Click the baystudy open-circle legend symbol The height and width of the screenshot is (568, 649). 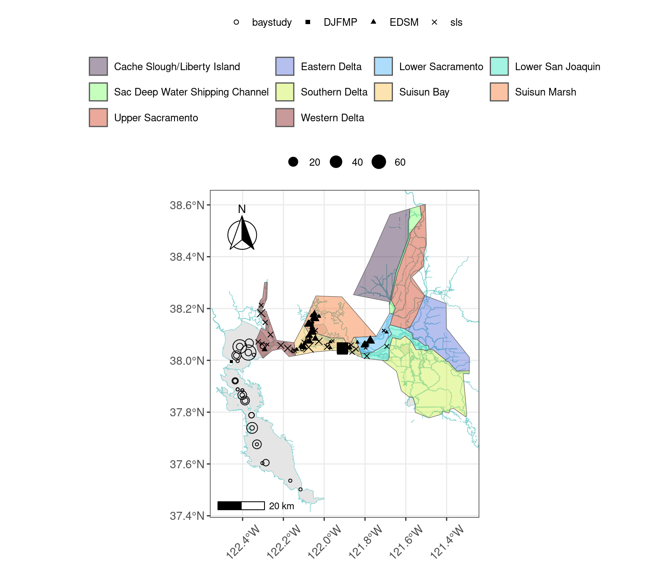[236, 22]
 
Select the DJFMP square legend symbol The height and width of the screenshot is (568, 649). [308, 22]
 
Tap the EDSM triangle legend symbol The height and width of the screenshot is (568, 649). [374, 22]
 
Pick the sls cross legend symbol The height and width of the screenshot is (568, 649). [434, 22]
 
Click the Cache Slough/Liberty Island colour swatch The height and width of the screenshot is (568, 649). [98, 66]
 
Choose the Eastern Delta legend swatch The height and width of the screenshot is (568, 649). [285, 66]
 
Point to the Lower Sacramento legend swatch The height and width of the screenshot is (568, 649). [383, 66]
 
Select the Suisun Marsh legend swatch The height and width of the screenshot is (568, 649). [499, 92]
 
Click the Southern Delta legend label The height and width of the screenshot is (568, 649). [334, 92]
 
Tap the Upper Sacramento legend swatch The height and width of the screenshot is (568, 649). [98, 117]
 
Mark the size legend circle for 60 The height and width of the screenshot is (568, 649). [379, 162]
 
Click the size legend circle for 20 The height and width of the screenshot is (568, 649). [293, 162]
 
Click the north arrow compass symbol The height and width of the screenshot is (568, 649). [242, 235]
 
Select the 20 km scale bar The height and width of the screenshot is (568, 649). [241, 505]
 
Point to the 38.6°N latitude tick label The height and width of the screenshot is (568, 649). [187, 205]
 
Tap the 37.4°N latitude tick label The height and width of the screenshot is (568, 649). [187, 516]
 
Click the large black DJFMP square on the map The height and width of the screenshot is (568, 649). [342, 349]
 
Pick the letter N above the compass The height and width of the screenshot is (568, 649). [242, 209]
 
